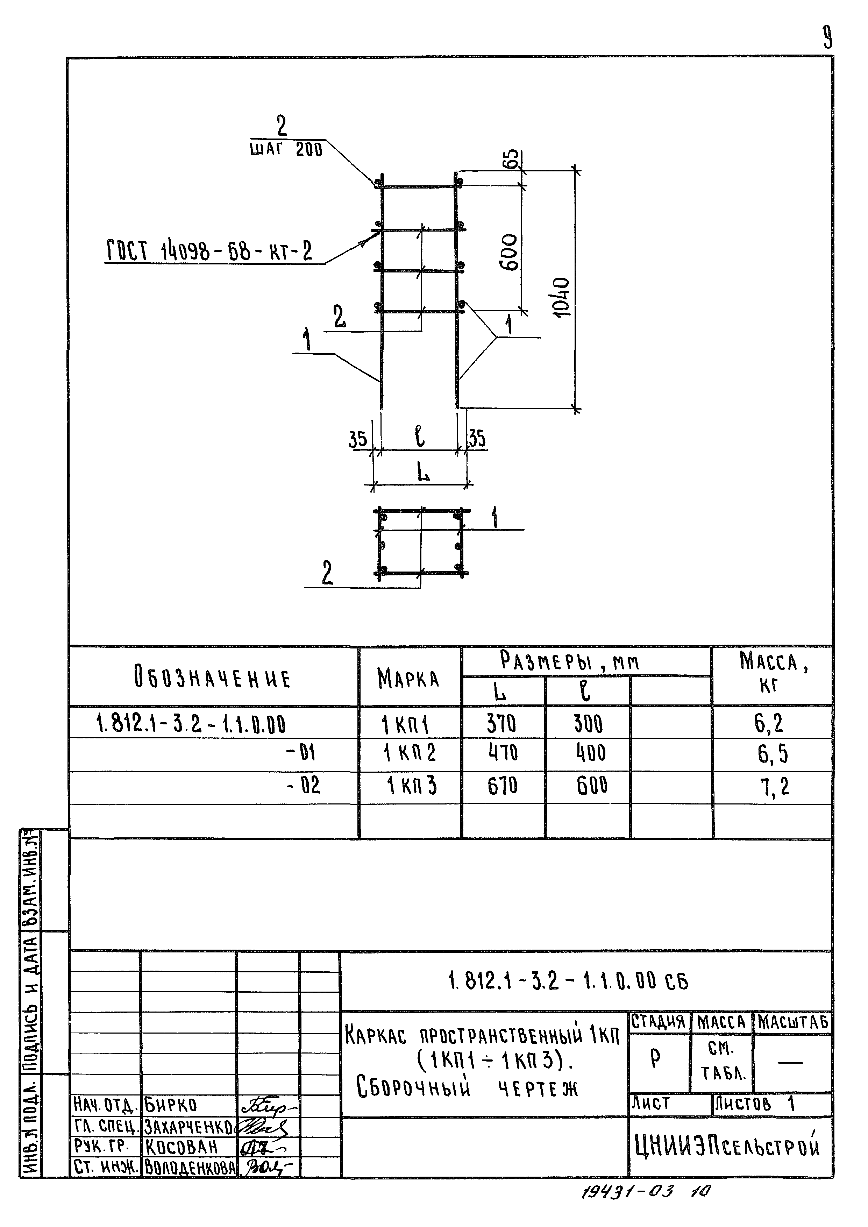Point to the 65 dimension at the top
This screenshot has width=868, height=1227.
[x=512, y=159]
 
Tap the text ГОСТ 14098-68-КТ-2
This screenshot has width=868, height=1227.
[x=209, y=251]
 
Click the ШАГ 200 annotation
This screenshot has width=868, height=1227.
[x=286, y=150]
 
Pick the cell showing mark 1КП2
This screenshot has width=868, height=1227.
[x=410, y=753]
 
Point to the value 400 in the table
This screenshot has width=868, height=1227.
[x=591, y=753]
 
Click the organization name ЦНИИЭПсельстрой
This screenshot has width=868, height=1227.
[x=727, y=1145]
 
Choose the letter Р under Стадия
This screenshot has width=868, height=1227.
[x=656, y=1058]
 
